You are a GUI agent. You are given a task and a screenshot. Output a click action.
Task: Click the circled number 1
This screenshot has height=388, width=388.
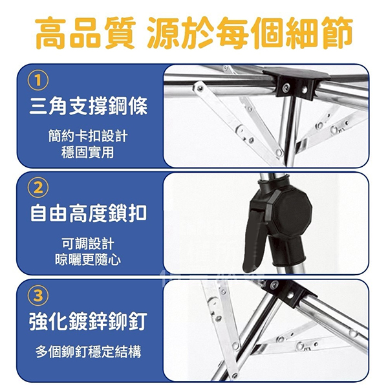pos(38,81)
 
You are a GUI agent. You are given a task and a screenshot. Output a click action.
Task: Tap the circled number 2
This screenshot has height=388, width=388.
pos(38,188)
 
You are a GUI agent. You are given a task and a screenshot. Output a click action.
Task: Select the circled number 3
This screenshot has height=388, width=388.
pos(38,296)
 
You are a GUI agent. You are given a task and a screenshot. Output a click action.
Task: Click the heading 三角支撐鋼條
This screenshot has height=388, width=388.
pos(89,106)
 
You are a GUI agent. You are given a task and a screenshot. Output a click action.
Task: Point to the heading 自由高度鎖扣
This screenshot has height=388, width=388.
pos(89,213)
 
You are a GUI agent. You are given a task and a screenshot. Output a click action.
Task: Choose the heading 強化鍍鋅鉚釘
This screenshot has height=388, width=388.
pos(89,321)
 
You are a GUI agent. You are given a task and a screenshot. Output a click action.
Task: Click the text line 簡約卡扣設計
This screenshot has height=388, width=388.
pos(88,136)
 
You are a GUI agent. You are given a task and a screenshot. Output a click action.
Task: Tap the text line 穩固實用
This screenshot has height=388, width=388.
pos(87,152)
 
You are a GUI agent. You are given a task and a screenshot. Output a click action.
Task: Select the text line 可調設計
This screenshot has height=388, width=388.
pos(88,244)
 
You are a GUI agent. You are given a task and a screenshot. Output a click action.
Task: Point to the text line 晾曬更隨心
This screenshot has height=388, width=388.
pos(88,260)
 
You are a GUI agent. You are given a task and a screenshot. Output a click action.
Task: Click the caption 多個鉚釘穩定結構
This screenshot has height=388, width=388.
pos(89,351)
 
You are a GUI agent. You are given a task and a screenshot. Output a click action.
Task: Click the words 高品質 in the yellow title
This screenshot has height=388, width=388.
pos(85,33)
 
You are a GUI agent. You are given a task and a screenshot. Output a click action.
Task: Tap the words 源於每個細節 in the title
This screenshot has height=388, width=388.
pos(250,33)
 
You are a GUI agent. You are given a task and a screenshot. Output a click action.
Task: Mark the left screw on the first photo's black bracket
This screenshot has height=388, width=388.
pos(286,87)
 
